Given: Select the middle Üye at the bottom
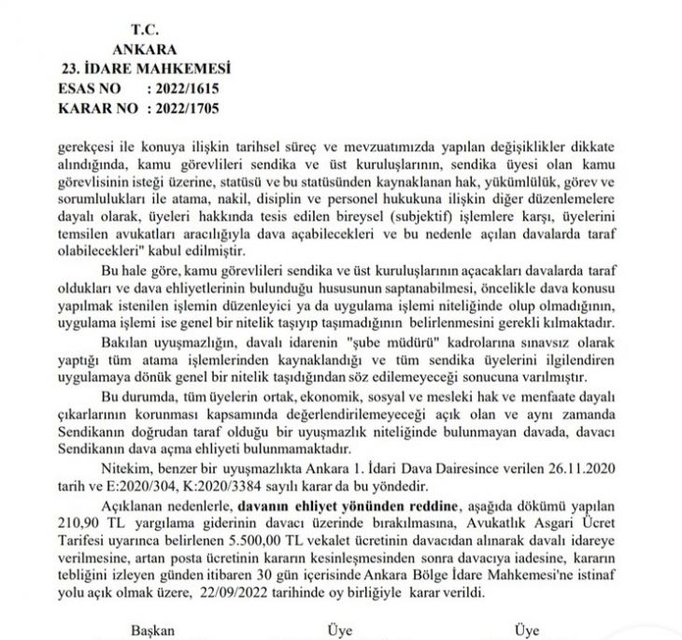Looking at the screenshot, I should (338, 630).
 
